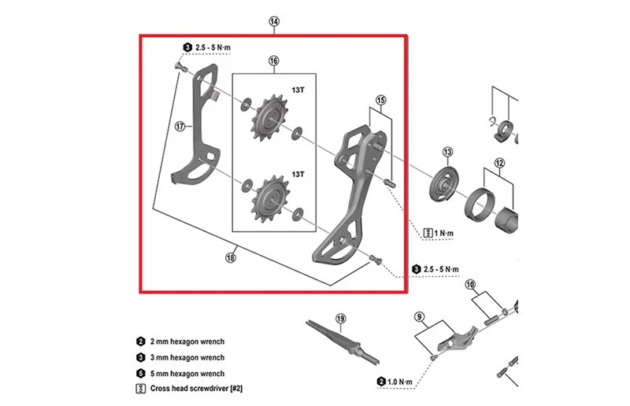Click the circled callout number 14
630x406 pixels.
pos(274,21)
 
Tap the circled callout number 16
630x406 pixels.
pos(273,61)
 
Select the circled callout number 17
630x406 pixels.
pos(180,127)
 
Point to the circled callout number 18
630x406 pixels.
pos(230,257)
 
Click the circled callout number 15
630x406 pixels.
pos(381,100)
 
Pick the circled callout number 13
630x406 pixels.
pos(447,152)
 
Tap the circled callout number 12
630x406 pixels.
pos(499,163)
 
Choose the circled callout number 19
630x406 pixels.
pos(340,319)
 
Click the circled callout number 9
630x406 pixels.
pos(419,317)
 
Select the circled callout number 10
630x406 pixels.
pos(470,285)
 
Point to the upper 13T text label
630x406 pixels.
pos(298,90)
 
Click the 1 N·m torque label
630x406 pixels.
pos(439,233)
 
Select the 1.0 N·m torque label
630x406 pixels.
pos(395,382)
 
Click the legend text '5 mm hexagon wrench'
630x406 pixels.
pos(187,374)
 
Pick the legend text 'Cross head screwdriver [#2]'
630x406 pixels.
pos(196,389)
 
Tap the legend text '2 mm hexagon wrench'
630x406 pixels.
pos(187,341)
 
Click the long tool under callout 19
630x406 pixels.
pos(343,341)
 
